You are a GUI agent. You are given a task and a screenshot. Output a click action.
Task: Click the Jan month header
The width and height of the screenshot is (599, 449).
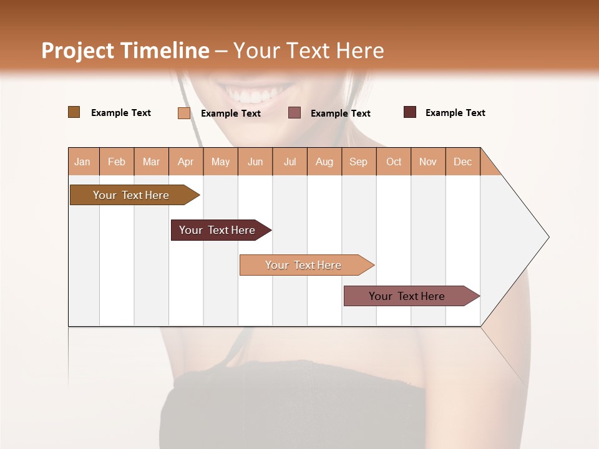click(x=83, y=162)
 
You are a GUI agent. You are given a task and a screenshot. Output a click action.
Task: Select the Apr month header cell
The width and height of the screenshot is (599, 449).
click(x=186, y=162)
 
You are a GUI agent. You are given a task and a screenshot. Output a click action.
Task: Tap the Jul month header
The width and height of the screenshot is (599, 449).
click(x=290, y=162)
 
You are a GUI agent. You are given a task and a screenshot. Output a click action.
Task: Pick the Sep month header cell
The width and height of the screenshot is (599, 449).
click(x=359, y=162)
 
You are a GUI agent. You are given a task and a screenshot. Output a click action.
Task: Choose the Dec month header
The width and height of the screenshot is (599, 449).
click(x=462, y=162)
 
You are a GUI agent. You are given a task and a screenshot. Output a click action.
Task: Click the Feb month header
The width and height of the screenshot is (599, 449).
click(x=117, y=162)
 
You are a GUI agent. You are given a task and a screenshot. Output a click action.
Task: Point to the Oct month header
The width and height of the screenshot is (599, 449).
click(x=394, y=162)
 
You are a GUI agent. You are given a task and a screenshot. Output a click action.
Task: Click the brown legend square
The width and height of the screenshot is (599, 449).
click(x=74, y=112)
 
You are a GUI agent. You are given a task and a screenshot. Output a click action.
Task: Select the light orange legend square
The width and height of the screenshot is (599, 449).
click(x=183, y=113)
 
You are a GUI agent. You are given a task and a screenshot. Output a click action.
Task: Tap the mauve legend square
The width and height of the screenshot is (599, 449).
click(x=295, y=112)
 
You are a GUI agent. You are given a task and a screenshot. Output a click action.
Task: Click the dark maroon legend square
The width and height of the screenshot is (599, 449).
click(x=409, y=112)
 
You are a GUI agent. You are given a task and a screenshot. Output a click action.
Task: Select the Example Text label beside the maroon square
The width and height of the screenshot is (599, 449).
click(x=455, y=113)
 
